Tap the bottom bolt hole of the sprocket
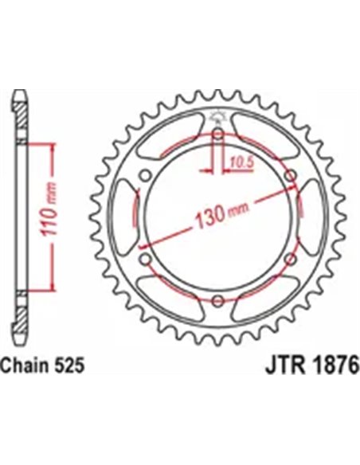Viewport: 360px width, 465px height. [x=217, y=299]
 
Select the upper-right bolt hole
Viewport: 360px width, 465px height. [x=289, y=175]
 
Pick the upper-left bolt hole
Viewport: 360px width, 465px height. [x=144, y=175]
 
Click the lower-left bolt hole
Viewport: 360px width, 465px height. [x=144, y=258]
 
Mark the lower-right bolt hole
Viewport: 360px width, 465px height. [x=289, y=258]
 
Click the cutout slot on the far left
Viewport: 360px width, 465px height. [x=128, y=217]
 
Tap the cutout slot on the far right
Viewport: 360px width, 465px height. [x=307, y=217]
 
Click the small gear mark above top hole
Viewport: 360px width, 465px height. [x=217, y=119]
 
